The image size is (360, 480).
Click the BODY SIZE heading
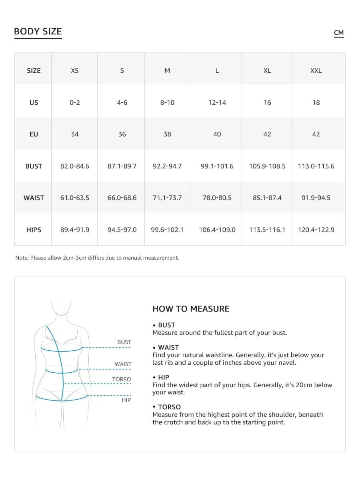(38, 32)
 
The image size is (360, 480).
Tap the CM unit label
(339, 33)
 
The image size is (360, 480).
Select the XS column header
(75, 70)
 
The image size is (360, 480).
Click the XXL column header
(316, 70)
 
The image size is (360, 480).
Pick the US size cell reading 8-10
(167, 102)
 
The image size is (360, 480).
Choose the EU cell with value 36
(122, 134)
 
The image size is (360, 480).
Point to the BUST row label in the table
(34, 166)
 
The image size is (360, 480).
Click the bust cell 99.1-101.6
(217, 166)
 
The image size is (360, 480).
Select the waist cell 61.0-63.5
(75, 198)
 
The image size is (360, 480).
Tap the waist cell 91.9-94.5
(316, 198)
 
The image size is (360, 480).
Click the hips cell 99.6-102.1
(167, 230)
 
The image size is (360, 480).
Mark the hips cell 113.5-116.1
(267, 230)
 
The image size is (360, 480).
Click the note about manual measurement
(97, 258)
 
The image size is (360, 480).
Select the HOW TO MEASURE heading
(191, 309)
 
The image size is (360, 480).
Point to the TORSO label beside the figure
(122, 379)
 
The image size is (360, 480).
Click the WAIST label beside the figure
(123, 364)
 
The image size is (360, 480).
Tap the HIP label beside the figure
(126, 400)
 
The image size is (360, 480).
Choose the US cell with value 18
(316, 102)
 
